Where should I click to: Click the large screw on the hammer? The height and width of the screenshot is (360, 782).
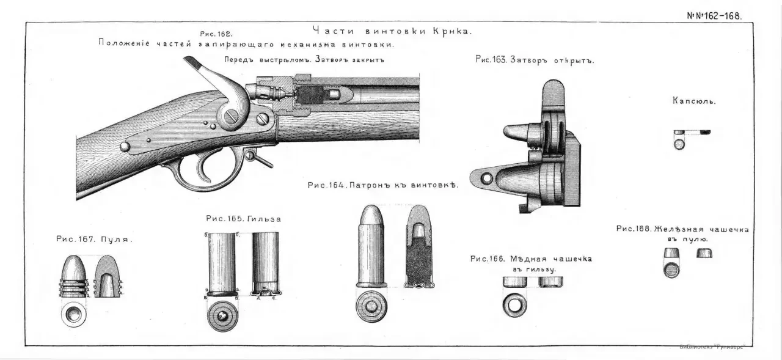(230, 116)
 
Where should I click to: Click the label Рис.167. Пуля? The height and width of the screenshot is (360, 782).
(94, 240)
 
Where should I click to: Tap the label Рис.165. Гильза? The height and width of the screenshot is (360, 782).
(243, 218)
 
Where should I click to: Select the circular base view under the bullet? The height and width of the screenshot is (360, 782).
(73, 314)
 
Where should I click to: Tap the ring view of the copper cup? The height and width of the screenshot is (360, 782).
(514, 304)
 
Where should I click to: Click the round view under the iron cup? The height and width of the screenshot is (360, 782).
(671, 270)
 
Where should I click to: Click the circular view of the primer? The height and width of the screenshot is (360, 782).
(679, 144)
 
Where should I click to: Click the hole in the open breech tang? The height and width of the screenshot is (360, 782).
(487, 178)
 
